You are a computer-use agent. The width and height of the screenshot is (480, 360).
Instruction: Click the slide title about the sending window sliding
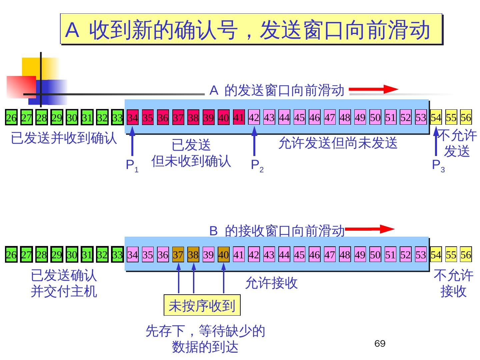click(x=251, y=29)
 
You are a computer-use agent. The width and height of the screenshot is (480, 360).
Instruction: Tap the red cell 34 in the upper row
click(x=133, y=118)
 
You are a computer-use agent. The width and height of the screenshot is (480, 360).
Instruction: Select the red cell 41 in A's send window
click(x=239, y=117)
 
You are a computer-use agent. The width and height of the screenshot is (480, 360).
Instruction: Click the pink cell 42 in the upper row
click(x=254, y=117)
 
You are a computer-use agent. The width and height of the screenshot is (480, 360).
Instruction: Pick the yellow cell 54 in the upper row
click(x=436, y=117)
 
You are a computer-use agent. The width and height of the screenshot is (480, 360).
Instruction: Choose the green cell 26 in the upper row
click(x=11, y=118)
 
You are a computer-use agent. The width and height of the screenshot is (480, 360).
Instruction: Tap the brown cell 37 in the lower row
click(x=178, y=255)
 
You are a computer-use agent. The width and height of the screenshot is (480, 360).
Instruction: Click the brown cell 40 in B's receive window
click(x=223, y=255)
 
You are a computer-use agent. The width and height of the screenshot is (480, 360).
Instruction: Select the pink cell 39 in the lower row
click(x=208, y=255)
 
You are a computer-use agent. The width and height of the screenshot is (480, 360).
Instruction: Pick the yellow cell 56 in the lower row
click(x=466, y=255)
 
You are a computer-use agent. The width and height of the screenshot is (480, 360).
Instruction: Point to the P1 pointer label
click(x=132, y=165)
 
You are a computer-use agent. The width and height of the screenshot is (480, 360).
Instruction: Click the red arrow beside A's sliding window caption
click(x=373, y=89)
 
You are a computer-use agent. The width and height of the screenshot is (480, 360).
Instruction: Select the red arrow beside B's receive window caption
click(x=370, y=229)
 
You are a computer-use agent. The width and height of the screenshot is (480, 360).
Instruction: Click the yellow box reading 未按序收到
click(x=202, y=305)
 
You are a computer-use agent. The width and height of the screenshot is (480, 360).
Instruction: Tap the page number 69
click(x=380, y=344)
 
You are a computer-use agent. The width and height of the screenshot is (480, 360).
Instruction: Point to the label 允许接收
click(x=271, y=283)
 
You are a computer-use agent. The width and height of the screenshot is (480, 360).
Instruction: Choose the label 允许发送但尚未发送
click(x=338, y=143)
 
